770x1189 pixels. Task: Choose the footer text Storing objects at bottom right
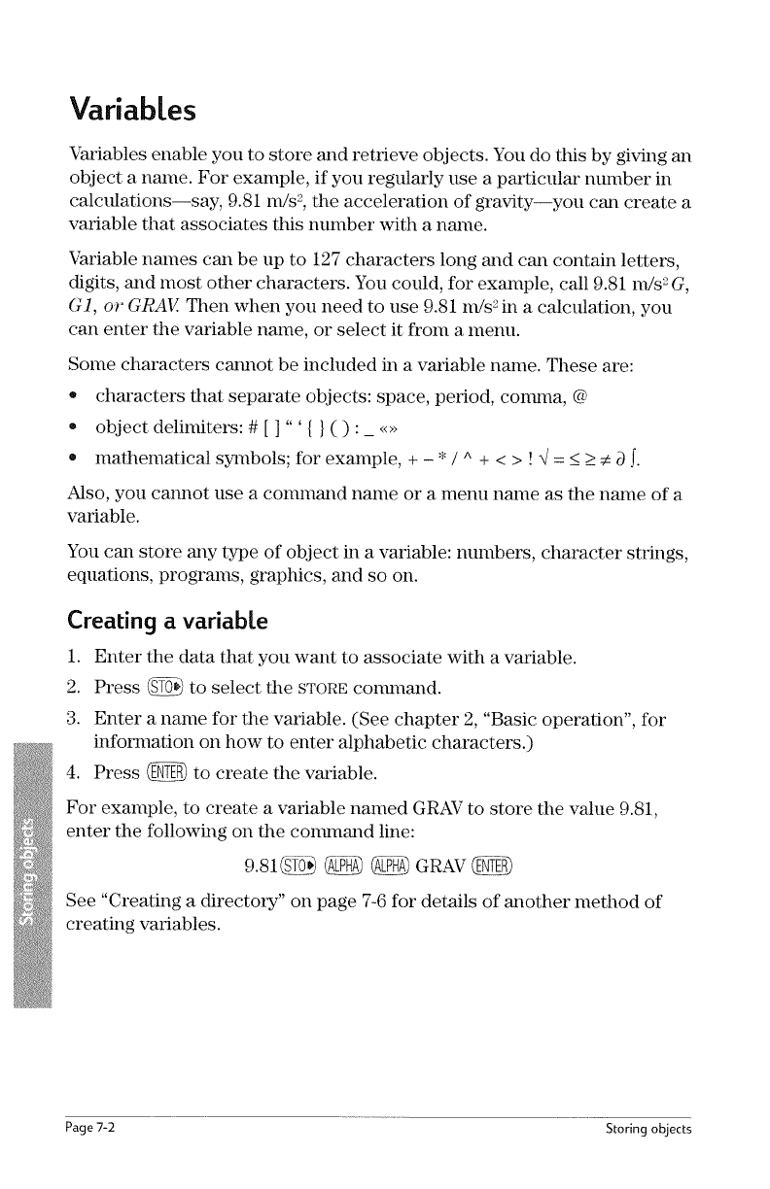pos(647,1130)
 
